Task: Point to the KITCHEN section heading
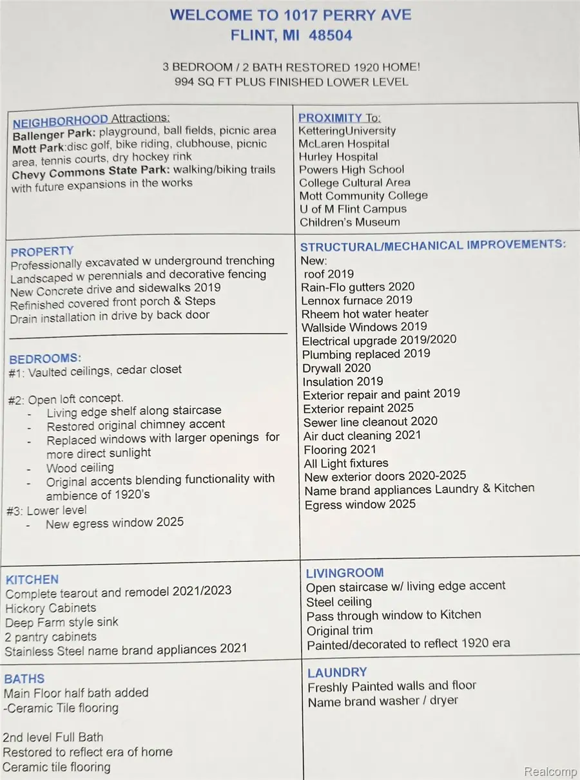(32, 579)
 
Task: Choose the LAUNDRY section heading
(337, 672)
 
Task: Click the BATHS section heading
(24, 678)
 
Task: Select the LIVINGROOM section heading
(345, 573)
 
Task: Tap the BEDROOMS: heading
(45, 357)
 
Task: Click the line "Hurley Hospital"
(338, 157)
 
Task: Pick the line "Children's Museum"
(349, 222)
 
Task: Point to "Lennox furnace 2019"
(356, 300)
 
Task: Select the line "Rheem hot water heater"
(365, 314)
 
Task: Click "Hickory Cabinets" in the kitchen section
(51, 607)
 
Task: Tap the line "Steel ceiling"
(339, 602)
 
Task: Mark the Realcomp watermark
(550, 771)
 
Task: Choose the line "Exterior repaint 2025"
(358, 408)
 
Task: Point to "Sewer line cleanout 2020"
(370, 422)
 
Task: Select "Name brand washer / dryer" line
(383, 701)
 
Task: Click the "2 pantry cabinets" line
(51, 636)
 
